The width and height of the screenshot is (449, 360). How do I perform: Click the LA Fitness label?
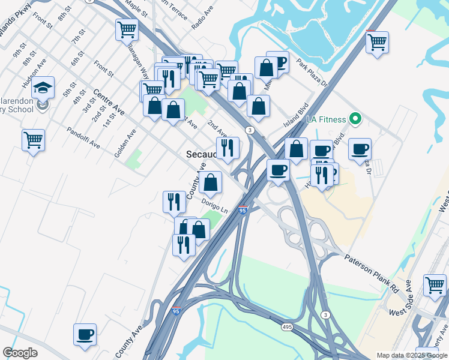point(327,119)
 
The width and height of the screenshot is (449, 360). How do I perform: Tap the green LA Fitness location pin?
point(355,119)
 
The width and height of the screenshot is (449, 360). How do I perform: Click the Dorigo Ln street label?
point(215,206)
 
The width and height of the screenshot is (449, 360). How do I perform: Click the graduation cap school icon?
point(43,88)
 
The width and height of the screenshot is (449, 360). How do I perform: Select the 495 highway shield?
point(288,326)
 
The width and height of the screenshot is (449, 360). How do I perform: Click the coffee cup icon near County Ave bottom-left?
point(85,334)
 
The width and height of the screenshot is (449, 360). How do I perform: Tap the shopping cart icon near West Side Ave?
point(435,285)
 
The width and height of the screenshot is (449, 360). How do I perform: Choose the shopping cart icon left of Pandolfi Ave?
point(34,140)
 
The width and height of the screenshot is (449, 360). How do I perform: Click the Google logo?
point(20,352)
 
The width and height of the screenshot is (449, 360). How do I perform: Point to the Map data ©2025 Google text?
point(411,355)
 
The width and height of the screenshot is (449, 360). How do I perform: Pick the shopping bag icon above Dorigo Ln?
point(211,182)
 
